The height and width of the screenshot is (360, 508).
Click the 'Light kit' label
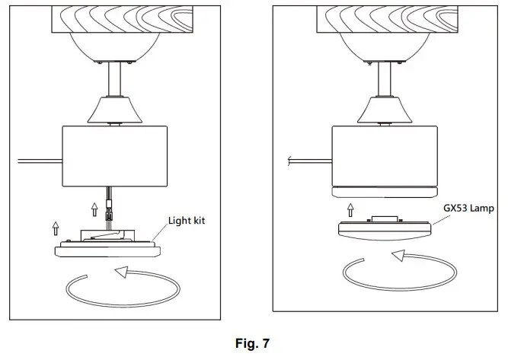pyautogui.click(x=187, y=221)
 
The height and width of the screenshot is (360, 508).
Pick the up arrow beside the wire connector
pyautogui.click(x=94, y=208)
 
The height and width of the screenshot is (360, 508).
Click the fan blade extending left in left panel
pyautogui.click(x=38, y=161)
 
